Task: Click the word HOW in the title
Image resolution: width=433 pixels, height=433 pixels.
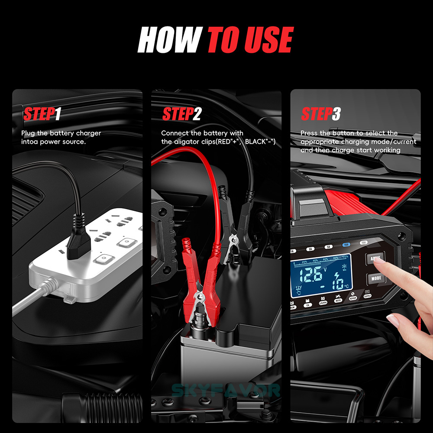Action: (x=169, y=40)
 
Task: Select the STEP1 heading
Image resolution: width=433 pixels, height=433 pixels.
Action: (x=42, y=114)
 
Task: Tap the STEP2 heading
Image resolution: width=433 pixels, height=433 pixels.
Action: (x=182, y=114)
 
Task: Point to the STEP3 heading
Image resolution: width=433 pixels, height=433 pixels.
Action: (x=321, y=114)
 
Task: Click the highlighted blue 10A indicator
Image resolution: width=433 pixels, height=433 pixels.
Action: (x=346, y=244)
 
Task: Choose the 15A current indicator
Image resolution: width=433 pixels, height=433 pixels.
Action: (x=364, y=243)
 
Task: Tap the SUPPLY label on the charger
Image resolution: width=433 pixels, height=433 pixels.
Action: (x=368, y=297)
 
